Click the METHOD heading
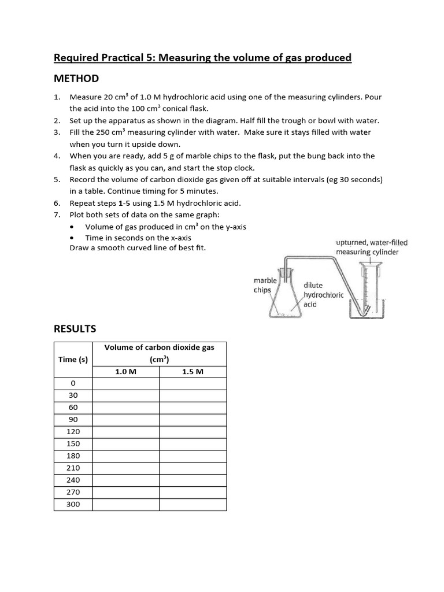click(76, 79)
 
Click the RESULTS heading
click(75, 329)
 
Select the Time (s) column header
click(73, 360)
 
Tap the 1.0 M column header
click(125, 372)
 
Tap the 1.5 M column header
click(193, 372)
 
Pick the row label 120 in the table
click(73, 432)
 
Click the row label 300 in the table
click(73, 505)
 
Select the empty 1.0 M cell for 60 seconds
click(125, 408)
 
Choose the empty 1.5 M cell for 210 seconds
click(193, 468)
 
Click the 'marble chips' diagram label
click(265, 285)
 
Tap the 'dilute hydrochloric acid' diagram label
click(323, 295)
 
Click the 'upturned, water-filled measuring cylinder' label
click(367, 247)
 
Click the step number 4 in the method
click(57, 156)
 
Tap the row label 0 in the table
click(73, 383)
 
